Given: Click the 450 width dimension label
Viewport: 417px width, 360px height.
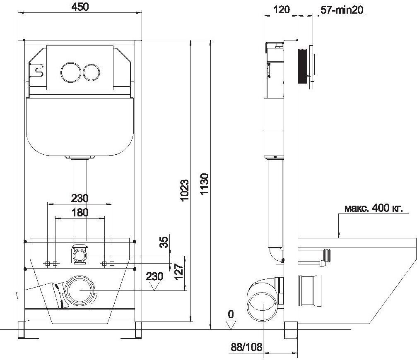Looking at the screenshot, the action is (80, 7).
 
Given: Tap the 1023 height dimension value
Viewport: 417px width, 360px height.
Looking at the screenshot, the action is (184, 190).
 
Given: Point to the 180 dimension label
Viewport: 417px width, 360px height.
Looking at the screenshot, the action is (80, 212).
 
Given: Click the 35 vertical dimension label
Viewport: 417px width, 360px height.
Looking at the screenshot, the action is (165, 242).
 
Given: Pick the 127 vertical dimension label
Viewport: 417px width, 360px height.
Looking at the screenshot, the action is (179, 271).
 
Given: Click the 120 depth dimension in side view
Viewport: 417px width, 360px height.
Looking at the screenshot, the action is (281, 10).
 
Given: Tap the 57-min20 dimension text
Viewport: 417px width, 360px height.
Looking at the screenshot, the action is (342, 10).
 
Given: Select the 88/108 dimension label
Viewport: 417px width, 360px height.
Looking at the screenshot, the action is (246, 347).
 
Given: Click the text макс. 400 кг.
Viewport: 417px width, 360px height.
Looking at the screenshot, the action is (374, 208).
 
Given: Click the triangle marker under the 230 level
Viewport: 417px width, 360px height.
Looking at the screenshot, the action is (154, 286).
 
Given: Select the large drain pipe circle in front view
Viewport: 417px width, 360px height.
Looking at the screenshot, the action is (80, 290).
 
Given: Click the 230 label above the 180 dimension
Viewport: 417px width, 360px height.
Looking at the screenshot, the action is (80, 198).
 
